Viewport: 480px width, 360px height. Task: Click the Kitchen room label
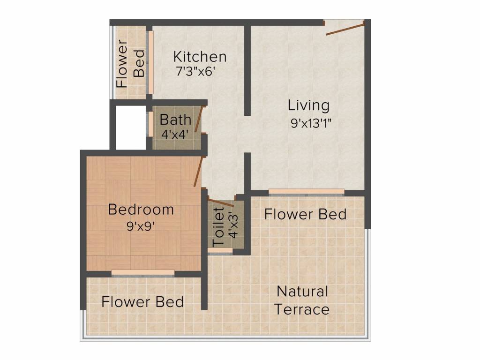200,57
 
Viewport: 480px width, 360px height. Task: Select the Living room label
308,105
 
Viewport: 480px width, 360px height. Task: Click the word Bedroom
141,210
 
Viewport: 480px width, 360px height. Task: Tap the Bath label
175,120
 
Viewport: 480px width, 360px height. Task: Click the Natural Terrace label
302,300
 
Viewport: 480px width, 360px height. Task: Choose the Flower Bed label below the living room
305,215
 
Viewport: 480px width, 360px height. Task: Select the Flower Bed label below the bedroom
142,302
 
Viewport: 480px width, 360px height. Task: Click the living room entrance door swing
345,28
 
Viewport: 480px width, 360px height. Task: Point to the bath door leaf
199,119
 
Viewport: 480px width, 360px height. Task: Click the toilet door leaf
220,203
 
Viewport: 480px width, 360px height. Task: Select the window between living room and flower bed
307,192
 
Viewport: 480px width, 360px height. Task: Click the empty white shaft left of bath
131,127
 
